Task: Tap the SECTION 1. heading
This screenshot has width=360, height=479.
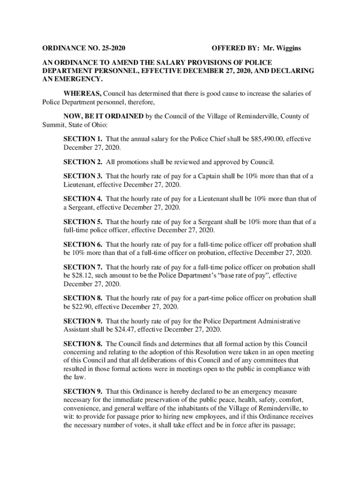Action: pyautogui.click(x=83, y=139)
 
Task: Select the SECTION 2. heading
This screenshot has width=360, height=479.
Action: pyautogui.click(x=83, y=162)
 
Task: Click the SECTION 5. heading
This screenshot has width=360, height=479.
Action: pyautogui.click(x=83, y=222)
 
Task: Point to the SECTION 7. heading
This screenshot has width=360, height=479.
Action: pyautogui.click(x=83, y=267)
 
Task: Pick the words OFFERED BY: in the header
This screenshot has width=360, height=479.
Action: pyautogui.click(x=235, y=48)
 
